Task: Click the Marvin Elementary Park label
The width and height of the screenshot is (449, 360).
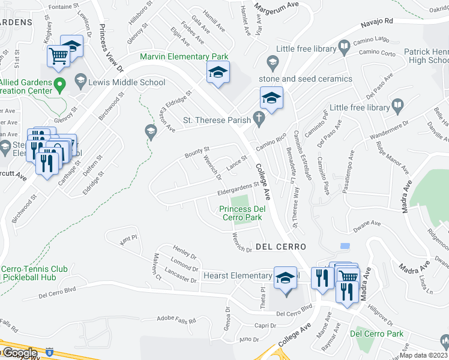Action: (184, 56)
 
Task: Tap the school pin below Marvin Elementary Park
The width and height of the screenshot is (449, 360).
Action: (218, 73)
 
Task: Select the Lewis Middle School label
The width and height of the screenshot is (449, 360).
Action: (127, 82)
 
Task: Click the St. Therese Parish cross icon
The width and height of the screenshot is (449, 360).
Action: (259, 120)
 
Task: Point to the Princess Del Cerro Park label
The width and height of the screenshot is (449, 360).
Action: (241, 213)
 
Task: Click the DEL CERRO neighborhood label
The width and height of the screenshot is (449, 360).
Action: (281, 247)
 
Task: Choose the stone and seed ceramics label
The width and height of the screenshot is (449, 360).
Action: (305, 79)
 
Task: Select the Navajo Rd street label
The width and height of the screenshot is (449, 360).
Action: (376, 22)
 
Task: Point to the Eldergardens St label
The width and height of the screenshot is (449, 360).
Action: (238, 190)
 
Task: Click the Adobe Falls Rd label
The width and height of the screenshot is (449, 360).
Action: (176, 320)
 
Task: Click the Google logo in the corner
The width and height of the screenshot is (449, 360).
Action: (19, 353)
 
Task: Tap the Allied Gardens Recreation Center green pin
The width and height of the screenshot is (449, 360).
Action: (59, 84)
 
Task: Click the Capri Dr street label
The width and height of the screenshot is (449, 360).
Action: (265, 325)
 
